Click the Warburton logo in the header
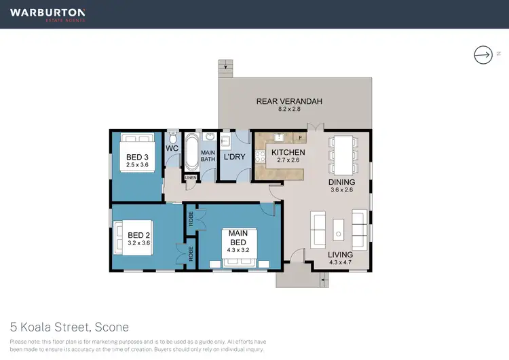[x=48, y=14]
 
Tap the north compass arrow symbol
[x=483, y=54]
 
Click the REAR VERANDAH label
[x=288, y=102]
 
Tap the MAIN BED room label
[x=238, y=238]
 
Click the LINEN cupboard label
[x=190, y=178]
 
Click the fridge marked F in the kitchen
[x=301, y=138]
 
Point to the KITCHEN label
[x=288, y=153]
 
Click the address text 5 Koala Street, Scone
[x=69, y=327]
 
